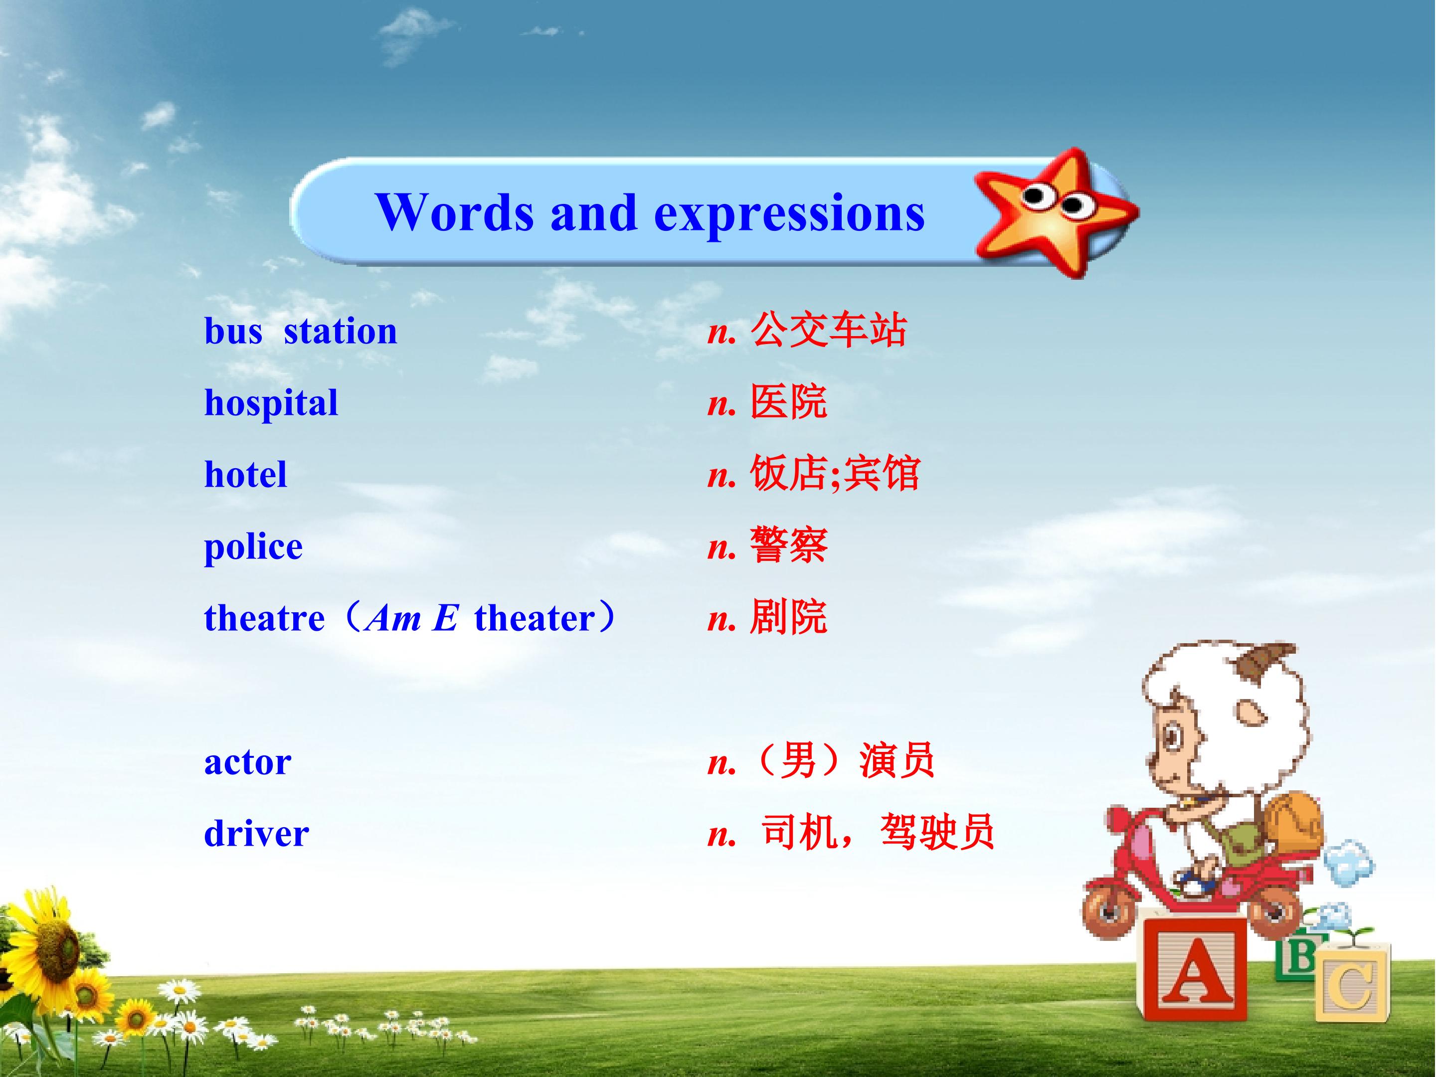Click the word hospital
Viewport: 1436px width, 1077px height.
click(x=271, y=404)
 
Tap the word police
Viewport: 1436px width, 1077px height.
click(x=253, y=546)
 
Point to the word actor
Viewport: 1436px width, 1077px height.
click(x=247, y=763)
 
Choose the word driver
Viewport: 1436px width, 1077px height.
click(x=256, y=834)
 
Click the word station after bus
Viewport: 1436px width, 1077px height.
click(x=340, y=331)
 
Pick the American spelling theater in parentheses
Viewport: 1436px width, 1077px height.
click(x=535, y=618)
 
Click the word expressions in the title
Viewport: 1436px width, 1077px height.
click(x=789, y=214)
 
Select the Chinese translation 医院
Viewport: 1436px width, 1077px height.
click(x=788, y=402)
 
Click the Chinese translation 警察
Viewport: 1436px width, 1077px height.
click(x=788, y=545)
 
